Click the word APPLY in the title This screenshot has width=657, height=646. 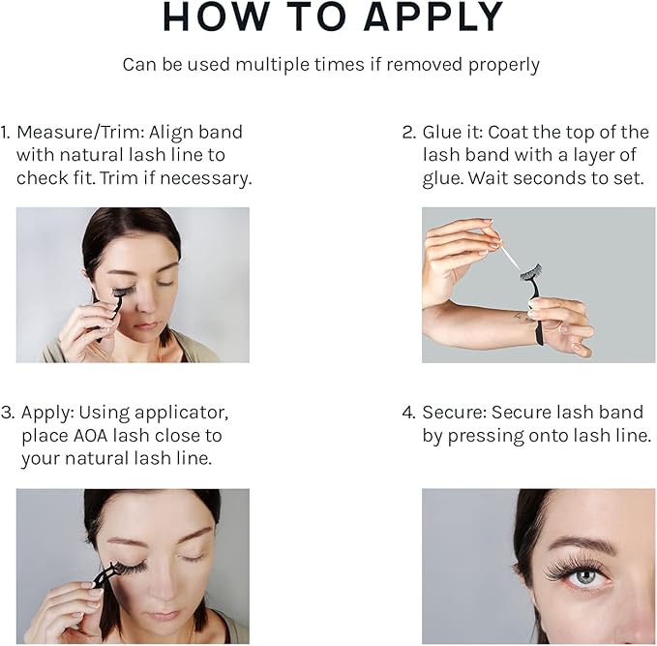pos(433,16)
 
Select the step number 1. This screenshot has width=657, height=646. pos(5,132)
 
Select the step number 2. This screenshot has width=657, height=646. pos(409,132)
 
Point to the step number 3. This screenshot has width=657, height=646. pos(8,413)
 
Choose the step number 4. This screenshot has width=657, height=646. pos(408,413)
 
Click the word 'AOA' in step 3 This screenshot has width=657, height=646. pos(91,436)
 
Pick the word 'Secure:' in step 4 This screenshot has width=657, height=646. pos(454,413)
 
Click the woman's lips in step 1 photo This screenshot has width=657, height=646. pos(146,326)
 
